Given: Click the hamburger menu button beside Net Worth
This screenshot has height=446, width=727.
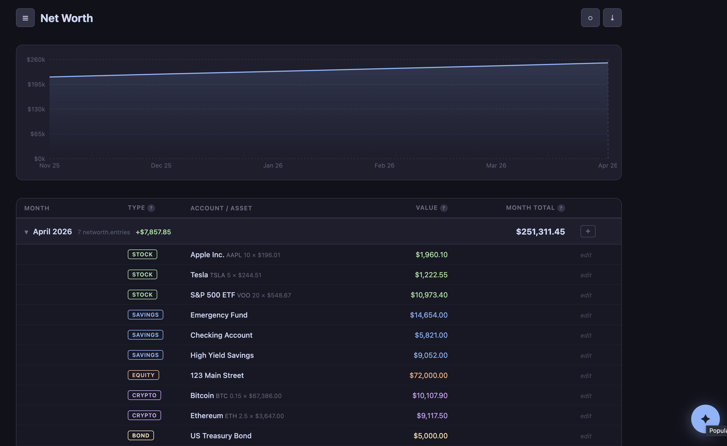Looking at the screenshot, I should coord(25,18).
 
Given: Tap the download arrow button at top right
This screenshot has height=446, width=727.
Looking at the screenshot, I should coord(612,18).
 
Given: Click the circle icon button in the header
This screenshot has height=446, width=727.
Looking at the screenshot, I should coord(590,18).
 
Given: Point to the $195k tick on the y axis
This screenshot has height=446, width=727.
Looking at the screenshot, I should coord(36,84).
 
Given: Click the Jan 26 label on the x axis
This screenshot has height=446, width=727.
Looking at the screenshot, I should coord(273,165).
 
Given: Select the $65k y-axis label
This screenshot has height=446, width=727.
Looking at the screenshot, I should coord(38,134).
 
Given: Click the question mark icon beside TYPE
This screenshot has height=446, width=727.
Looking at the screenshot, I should coord(151,208).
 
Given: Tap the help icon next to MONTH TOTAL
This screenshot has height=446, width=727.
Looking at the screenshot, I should coord(561,208).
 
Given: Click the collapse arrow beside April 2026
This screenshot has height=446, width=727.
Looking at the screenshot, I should coord(26,232).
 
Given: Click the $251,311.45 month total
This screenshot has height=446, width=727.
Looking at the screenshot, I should coord(540,232).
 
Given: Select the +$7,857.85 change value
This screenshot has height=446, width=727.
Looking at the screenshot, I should coord(153,232).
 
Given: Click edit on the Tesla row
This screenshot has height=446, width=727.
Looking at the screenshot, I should coord(586,275).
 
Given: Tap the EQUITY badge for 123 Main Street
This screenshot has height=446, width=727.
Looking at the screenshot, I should coord(143,375).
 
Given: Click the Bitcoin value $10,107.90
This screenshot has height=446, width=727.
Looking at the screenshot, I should coord(430,396).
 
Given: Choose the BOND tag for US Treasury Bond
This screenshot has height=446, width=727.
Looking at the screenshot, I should coord(141,435).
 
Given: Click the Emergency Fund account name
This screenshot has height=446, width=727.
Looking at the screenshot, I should coord(219,315).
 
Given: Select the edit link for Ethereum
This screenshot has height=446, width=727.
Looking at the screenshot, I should coord(586,416).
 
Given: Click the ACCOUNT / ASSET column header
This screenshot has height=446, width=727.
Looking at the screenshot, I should coord(221,208).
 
